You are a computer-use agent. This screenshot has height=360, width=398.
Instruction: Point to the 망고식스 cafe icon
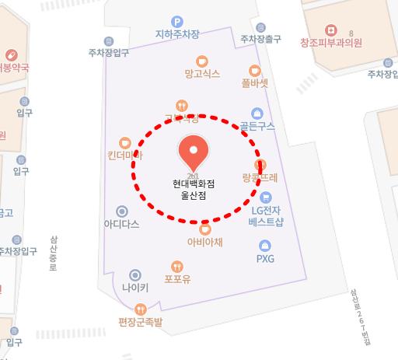coord(202,61)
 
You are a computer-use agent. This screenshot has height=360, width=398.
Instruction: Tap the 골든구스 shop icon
coord(257,114)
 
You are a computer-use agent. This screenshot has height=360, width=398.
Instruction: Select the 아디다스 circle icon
coord(121,211)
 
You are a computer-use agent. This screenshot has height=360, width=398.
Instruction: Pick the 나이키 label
coord(135,287)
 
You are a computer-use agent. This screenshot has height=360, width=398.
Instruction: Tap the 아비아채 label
coord(205,242)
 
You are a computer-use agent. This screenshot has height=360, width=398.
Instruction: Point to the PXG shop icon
coord(266,246)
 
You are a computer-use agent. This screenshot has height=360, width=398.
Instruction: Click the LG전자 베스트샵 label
coord(266,215)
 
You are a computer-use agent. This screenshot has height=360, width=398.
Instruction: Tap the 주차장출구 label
coord(260,39)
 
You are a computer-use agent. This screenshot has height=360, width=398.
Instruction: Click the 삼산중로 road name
coord(54,253)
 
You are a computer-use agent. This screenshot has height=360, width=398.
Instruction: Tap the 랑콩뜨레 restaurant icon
coord(260,165)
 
